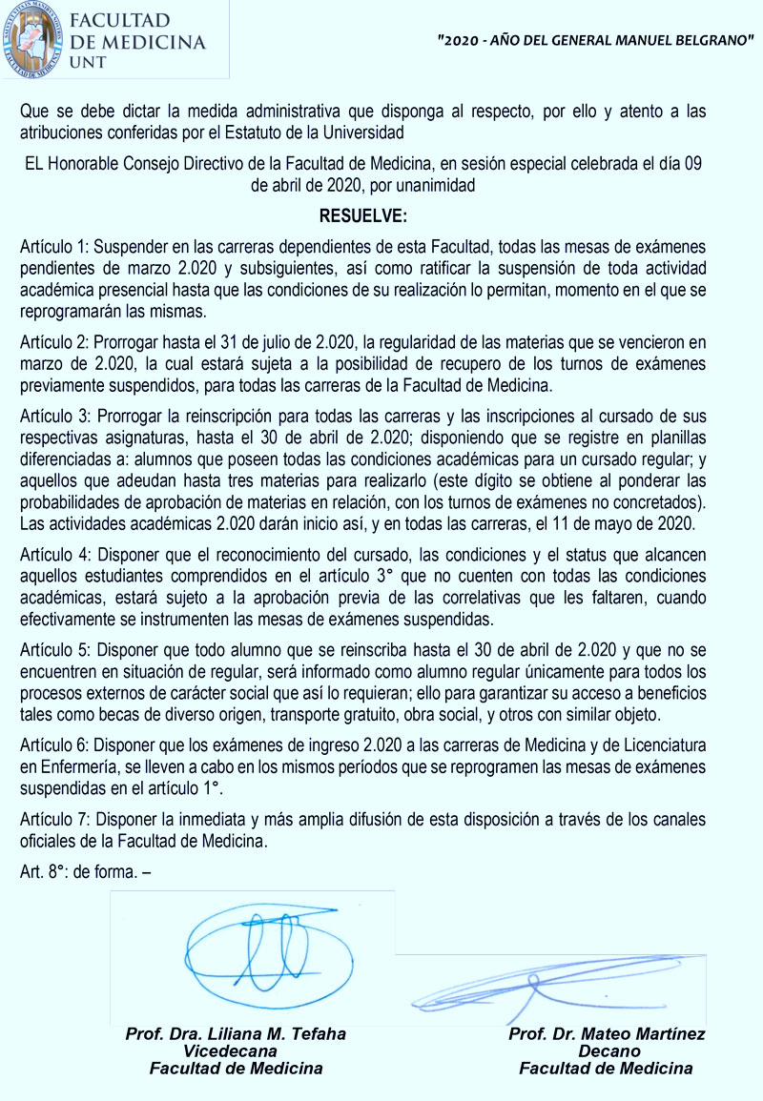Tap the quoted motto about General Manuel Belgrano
tap(595, 43)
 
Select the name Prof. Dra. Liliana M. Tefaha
tap(236, 1034)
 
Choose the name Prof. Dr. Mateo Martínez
tap(607, 1034)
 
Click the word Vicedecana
tap(236, 1051)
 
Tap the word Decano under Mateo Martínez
tap(608, 1051)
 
